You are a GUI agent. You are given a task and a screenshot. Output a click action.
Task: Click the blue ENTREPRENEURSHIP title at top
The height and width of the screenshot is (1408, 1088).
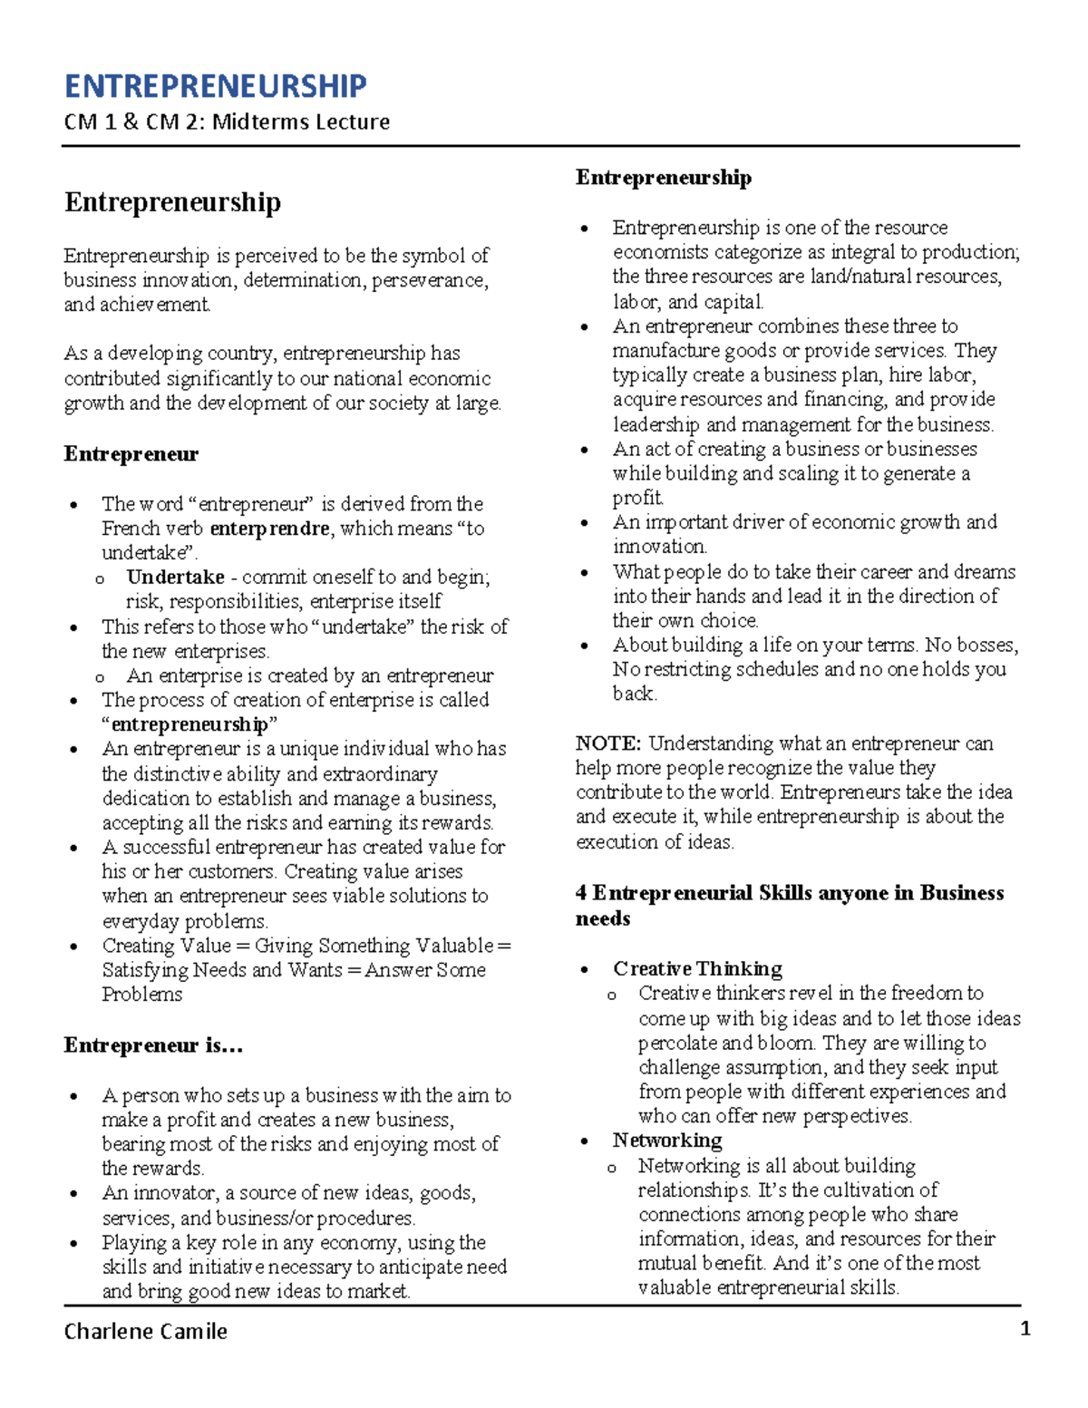pyautogui.click(x=215, y=86)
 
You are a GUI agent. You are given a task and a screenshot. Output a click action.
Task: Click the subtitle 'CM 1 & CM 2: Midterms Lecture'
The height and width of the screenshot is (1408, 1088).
pyautogui.click(x=227, y=121)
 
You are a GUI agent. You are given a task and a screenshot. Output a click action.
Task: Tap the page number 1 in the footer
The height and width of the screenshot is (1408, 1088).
pyautogui.click(x=1025, y=1329)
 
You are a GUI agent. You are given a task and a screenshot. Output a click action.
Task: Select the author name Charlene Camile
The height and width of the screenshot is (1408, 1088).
pyautogui.click(x=145, y=1331)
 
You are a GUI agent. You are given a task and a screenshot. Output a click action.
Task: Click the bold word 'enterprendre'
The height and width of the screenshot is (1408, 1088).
pyautogui.click(x=269, y=529)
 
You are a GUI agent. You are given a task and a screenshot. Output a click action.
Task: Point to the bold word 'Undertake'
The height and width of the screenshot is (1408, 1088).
pyautogui.click(x=175, y=578)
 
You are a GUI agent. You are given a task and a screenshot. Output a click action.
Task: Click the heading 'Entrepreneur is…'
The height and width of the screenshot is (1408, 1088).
pyautogui.click(x=153, y=1045)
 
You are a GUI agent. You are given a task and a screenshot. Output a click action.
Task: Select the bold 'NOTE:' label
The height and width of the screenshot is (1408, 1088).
pyautogui.click(x=608, y=743)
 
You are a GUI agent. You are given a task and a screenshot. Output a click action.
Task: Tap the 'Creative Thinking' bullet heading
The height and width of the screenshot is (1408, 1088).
pyautogui.click(x=697, y=968)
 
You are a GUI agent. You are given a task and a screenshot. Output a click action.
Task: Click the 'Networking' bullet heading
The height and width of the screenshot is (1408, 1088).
pyautogui.click(x=667, y=1141)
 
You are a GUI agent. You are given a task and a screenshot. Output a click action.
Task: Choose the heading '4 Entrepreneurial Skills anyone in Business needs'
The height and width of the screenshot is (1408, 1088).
pyautogui.click(x=789, y=905)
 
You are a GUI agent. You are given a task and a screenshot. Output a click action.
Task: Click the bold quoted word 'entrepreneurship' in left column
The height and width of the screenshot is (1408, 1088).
pyautogui.click(x=189, y=724)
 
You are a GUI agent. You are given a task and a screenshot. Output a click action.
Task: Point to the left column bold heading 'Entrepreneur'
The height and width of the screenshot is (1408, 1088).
pyautogui.click(x=131, y=454)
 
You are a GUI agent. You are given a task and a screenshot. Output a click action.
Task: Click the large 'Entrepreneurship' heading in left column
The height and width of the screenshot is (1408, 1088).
pyautogui.click(x=172, y=202)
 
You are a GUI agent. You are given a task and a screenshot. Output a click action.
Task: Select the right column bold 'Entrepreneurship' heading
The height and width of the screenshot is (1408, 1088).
pyautogui.click(x=663, y=178)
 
